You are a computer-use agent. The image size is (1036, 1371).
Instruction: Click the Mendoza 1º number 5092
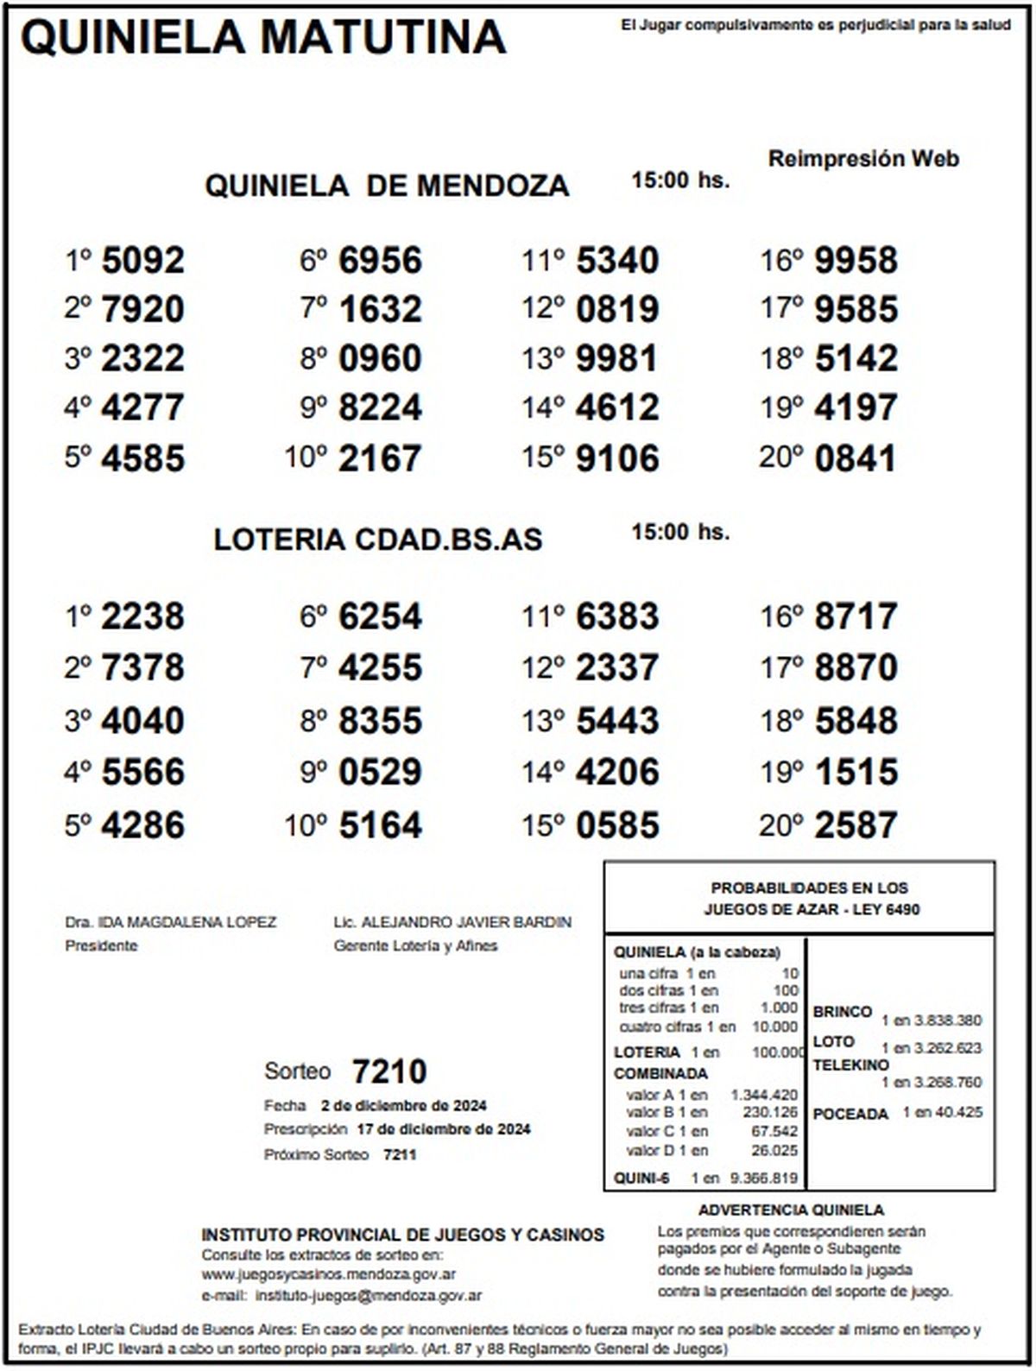tap(142, 260)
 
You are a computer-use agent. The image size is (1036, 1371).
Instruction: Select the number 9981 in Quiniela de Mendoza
tap(616, 358)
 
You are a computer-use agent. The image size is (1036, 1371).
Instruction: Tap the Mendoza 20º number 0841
tap(856, 458)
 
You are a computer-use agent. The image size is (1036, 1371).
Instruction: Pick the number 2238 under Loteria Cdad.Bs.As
tap(142, 616)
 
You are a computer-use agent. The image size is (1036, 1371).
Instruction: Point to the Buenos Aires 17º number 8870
tap(856, 667)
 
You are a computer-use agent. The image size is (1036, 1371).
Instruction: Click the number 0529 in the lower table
tap(380, 772)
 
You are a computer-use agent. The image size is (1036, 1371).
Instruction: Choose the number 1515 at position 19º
tap(856, 772)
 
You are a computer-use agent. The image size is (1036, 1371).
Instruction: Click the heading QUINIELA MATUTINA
tap(262, 37)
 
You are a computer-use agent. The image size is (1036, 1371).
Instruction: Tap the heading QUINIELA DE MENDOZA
tap(387, 186)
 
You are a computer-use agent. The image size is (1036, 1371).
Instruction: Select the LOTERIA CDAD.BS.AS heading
tap(378, 540)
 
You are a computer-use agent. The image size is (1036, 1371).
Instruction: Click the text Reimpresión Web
tap(863, 159)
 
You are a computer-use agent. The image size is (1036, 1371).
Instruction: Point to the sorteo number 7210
tap(388, 1071)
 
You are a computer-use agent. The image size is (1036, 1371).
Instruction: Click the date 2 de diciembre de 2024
tap(403, 1105)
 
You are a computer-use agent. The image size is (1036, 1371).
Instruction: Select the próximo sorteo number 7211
tap(400, 1154)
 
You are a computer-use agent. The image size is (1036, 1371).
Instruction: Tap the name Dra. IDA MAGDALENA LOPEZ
tap(171, 922)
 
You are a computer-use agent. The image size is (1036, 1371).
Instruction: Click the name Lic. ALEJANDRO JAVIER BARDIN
tap(452, 922)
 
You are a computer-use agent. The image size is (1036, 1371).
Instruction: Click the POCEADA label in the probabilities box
tap(850, 1114)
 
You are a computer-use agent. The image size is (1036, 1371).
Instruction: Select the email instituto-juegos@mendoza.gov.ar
tap(369, 1295)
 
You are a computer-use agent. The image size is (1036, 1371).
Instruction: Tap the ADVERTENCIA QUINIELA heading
tap(791, 1210)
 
